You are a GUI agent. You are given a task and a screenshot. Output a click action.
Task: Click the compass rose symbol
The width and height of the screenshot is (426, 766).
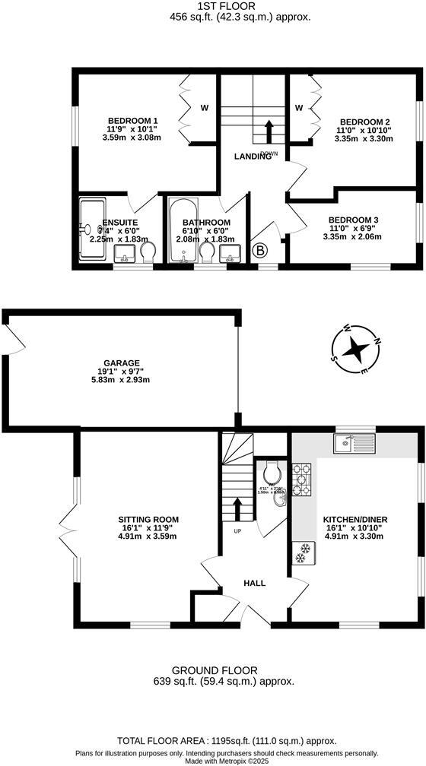pyautogui.click(x=354, y=349)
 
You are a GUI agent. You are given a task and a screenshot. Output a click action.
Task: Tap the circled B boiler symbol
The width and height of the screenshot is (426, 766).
pyautogui.click(x=259, y=249)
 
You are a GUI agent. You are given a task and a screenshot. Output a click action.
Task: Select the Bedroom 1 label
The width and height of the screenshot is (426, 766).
pyautogui.click(x=132, y=121)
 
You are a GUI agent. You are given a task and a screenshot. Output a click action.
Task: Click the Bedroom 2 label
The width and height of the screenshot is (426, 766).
pyautogui.click(x=364, y=122)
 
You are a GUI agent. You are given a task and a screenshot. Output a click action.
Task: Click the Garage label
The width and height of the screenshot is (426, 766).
pyautogui.click(x=122, y=362)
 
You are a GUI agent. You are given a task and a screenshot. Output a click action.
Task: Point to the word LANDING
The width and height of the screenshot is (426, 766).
pyautogui.click(x=252, y=157)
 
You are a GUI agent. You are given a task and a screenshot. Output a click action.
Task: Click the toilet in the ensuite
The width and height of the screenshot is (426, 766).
pyautogui.click(x=148, y=250)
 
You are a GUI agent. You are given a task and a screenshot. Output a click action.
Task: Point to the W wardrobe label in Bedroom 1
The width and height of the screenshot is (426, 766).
pyautogui.click(x=204, y=108)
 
